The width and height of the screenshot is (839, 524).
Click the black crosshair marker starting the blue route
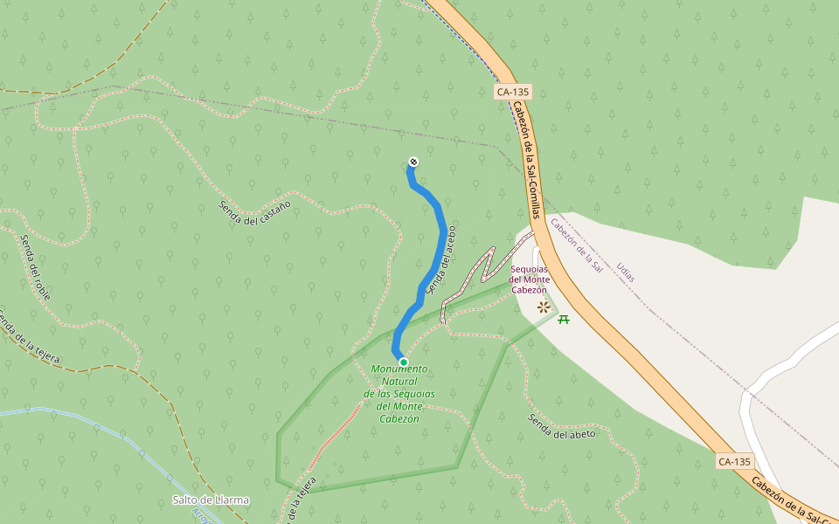pos(413,162)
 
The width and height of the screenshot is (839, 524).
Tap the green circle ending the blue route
pos(403,362)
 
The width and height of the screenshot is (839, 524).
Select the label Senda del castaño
pos(254,210)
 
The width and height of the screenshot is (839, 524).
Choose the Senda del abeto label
pos(561,427)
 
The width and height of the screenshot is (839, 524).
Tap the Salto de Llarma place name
pos(211,500)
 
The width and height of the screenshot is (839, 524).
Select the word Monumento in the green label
pos(399,369)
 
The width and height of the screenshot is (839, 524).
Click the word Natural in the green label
pos(399,382)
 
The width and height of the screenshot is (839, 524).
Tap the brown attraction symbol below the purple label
pos(544,307)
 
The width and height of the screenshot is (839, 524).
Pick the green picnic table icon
pos(564,319)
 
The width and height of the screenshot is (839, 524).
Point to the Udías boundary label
pos(626,272)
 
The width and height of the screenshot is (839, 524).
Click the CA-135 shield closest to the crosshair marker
pos(513,92)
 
